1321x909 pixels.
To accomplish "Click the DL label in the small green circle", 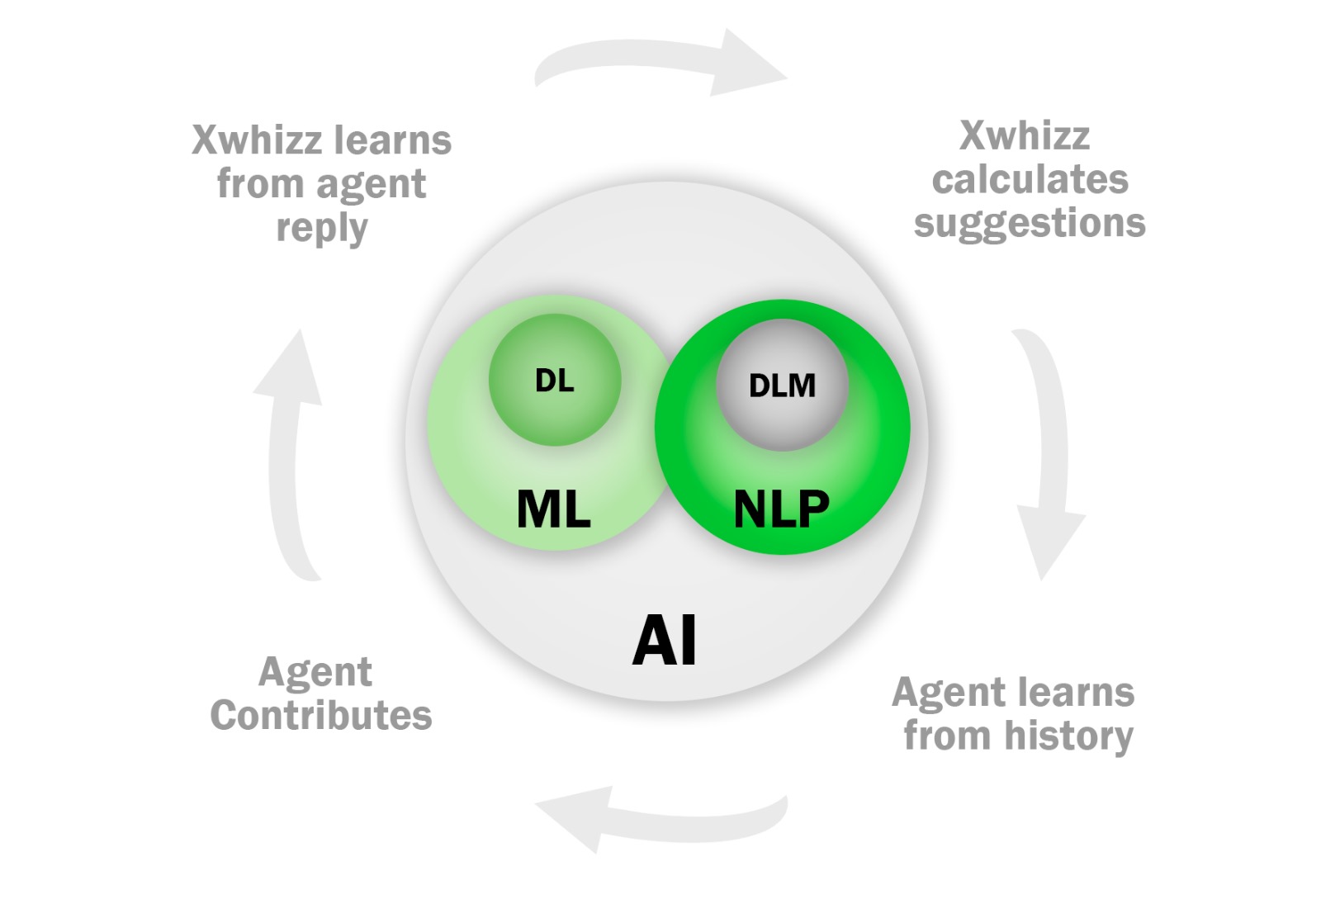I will click(x=554, y=381).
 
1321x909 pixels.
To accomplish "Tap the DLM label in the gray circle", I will click(x=782, y=386).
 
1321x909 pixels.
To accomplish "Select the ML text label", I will click(x=553, y=509).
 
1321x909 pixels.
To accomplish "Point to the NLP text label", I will click(x=781, y=509).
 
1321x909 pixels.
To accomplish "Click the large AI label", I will click(x=665, y=641).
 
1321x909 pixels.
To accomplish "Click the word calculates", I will click(x=1030, y=179).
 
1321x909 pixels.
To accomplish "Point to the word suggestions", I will click(x=1030, y=224).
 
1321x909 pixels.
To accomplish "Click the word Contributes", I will click(x=321, y=716).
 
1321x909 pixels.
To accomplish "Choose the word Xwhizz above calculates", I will click(x=1025, y=135).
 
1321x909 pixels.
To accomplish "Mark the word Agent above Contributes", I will click(x=315, y=672).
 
